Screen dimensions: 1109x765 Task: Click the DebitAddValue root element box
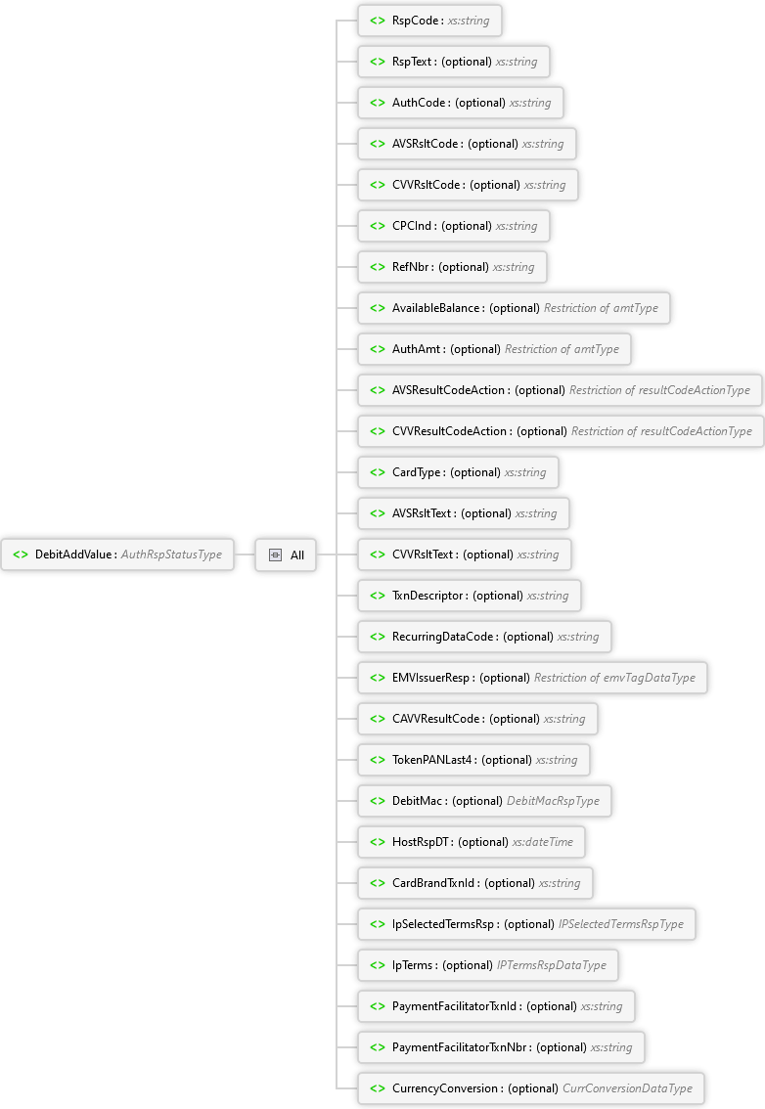pos(117,554)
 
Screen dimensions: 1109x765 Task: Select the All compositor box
pos(286,554)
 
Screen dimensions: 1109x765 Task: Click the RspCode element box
pos(429,21)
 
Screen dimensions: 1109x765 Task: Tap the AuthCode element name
pos(421,103)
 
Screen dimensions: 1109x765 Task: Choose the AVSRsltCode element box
pos(467,144)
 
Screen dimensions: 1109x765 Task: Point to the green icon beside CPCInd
pos(377,226)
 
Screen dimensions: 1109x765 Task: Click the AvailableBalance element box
pos(514,308)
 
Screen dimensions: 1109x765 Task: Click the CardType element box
pos(458,472)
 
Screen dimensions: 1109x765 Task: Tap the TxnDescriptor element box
pos(470,596)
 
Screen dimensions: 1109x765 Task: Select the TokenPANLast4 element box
pos(473,760)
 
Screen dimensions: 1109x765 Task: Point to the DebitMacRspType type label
pos(553,801)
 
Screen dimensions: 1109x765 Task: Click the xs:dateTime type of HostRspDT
pos(543,842)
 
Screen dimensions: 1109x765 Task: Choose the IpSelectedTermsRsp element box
pos(526,924)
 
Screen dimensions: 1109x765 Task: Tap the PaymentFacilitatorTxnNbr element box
pos(500,1047)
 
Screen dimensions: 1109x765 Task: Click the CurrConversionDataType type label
pos(627,1088)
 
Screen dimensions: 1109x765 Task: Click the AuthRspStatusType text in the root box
pos(171,554)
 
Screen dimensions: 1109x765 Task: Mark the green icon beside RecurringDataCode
pos(377,637)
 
